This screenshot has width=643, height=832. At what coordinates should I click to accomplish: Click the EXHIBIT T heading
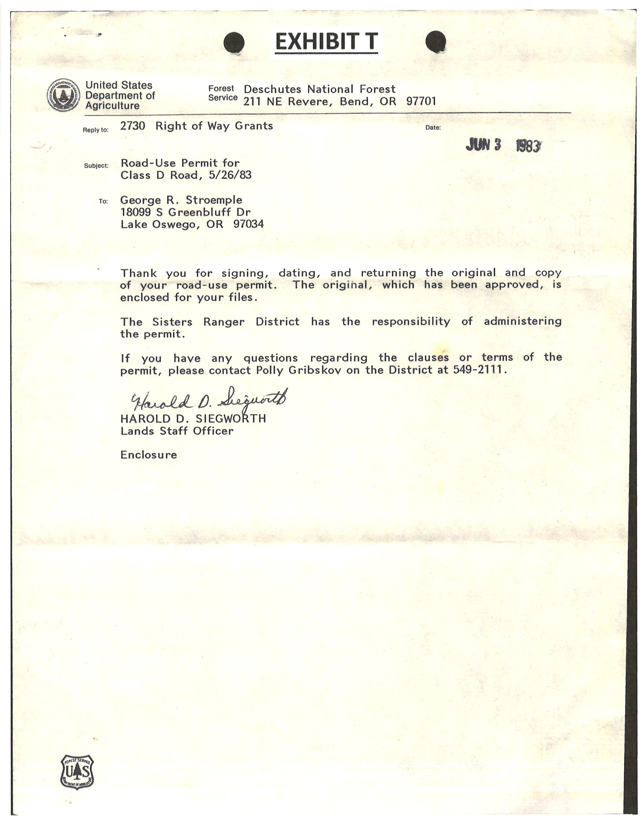(x=327, y=42)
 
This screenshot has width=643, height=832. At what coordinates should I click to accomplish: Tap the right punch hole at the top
(x=435, y=42)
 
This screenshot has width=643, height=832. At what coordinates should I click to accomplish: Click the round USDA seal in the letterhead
(x=64, y=95)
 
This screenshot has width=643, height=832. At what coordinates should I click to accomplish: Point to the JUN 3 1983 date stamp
(x=503, y=145)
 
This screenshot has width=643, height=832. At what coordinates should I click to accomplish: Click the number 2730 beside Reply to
(x=133, y=126)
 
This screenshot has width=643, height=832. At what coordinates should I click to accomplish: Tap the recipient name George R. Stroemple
(x=181, y=200)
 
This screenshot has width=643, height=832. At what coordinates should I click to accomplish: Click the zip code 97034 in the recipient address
(x=248, y=224)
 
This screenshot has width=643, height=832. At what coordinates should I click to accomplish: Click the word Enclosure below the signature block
(x=149, y=455)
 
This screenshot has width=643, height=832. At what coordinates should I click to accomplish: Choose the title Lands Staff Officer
(x=177, y=431)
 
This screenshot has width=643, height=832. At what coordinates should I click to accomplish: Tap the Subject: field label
(x=96, y=166)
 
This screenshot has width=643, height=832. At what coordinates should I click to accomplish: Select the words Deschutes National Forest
(x=319, y=89)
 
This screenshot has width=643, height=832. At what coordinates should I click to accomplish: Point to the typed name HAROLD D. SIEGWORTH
(x=193, y=419)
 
